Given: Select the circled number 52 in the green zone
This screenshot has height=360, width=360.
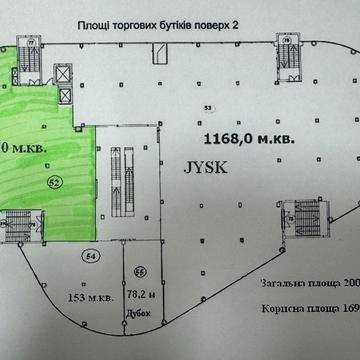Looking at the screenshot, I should point(54,181).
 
